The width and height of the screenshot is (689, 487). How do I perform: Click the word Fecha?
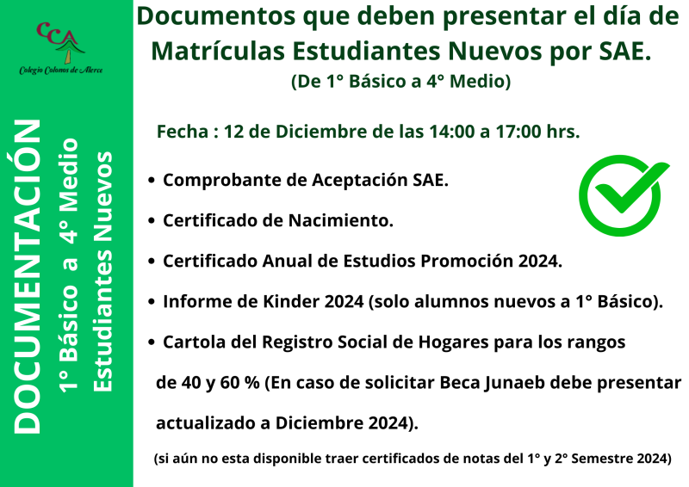pos(183,132)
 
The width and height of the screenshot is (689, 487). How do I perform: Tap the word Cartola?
pos(195,342)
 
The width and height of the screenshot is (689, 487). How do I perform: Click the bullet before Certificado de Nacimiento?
pos(152,221)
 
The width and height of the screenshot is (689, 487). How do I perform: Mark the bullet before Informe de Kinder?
pos(152,301)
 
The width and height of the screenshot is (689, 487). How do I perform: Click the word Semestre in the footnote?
pos(593,459)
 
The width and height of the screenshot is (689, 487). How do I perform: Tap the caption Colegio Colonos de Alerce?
pos(61,70)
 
